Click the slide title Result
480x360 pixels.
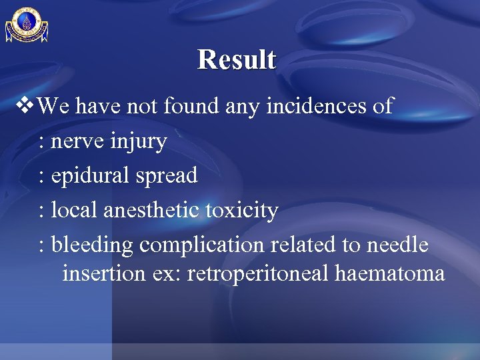[x=237, y=59]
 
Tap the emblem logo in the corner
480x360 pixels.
[x=27, y=25]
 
